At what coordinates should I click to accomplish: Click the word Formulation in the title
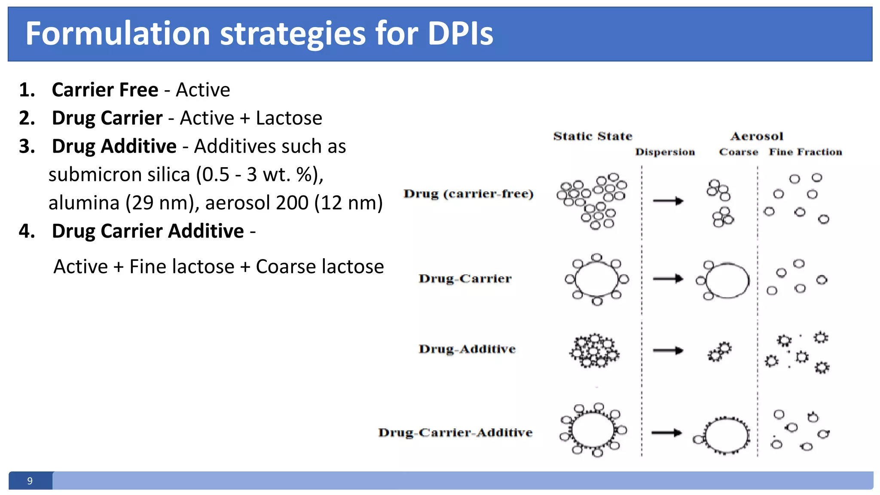[x=117, y=34]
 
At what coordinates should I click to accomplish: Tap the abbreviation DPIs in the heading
[x=460, y=34]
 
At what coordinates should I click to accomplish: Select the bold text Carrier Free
[x=105, y=90]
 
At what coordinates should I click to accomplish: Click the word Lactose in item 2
[x=289, y=118]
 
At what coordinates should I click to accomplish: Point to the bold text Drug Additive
[x=114, y=146]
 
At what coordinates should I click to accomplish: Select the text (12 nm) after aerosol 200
[x=348, y=202]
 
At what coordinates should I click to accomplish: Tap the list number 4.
[x=27, y=231]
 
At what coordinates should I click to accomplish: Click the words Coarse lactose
[x=320, y=266]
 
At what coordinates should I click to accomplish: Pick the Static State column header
[x=593, y=136]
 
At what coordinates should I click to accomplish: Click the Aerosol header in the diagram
[x=757, y=136]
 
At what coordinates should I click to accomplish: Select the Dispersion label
[x=665, y=152]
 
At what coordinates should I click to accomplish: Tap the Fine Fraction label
[x=805, y=152]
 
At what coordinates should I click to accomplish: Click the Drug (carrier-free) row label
[x=468, y=194]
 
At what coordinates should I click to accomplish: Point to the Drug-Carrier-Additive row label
[x=455, y=432]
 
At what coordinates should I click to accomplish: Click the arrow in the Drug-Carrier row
[x=668, y=279]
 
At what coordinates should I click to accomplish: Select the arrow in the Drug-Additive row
[x=668, y=351]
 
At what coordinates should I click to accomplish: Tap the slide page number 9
[x=30, y=481]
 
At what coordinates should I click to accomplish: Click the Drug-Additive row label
[x=467, y=349]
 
